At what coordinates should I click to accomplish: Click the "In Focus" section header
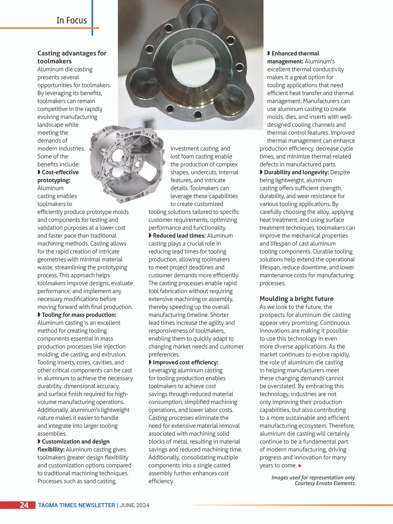72,20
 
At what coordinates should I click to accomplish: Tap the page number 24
24,505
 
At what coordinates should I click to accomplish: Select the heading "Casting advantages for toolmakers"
72,57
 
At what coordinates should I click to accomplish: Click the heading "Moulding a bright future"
296,299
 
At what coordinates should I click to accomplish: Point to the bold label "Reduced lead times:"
179,236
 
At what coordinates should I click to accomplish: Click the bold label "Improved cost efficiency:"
185,362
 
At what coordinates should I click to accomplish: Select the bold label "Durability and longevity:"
296,172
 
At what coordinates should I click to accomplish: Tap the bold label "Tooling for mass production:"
79,315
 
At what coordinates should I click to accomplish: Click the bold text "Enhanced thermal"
295,54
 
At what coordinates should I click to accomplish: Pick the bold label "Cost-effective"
60,172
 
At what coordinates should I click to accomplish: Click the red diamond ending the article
300,466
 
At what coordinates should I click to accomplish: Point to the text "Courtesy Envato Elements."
325,483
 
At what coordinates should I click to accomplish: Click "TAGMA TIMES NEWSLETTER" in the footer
76,505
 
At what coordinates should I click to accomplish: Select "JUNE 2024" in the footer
134,505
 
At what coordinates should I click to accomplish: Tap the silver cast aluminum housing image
127,163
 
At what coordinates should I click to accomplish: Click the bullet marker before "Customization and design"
39,442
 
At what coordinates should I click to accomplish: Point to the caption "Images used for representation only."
313,477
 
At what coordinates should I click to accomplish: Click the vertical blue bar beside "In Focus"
92,17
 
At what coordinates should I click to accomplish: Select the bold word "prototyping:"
54,180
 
